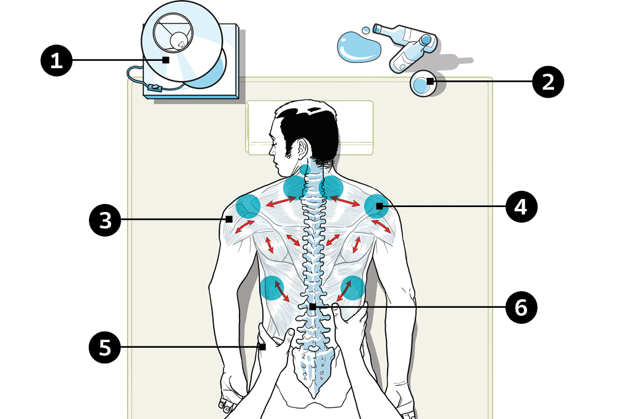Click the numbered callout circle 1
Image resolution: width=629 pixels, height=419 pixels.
pos(57,60)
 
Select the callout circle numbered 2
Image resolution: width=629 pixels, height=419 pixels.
pos(548,82)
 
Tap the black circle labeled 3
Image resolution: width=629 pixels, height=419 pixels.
pos(105,219)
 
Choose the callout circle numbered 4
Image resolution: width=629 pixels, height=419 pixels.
pos(521,207)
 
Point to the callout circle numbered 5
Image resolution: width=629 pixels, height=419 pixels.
pos(105,347)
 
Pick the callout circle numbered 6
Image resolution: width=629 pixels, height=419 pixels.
pos(521,307)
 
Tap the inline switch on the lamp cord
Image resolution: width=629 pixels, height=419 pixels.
pos(155,88)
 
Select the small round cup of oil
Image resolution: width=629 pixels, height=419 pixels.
pos(421,84)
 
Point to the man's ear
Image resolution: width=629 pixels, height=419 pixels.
pos(301,149)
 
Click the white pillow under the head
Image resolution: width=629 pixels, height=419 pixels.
pos(356,126)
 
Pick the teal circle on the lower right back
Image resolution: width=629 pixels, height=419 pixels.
pos(353,288)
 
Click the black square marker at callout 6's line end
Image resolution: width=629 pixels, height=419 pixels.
pos(313,307)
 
